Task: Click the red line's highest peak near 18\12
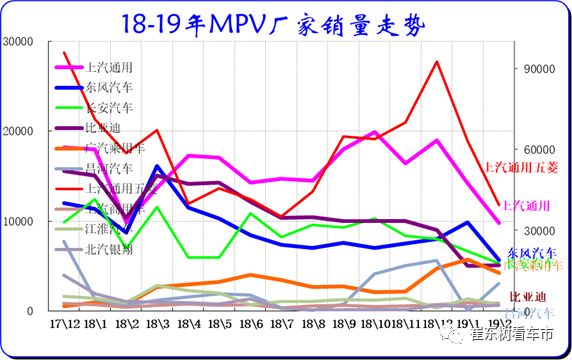coord(437,62)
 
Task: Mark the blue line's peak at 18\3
coord(158,166)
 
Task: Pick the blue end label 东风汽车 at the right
coord(529,252)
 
